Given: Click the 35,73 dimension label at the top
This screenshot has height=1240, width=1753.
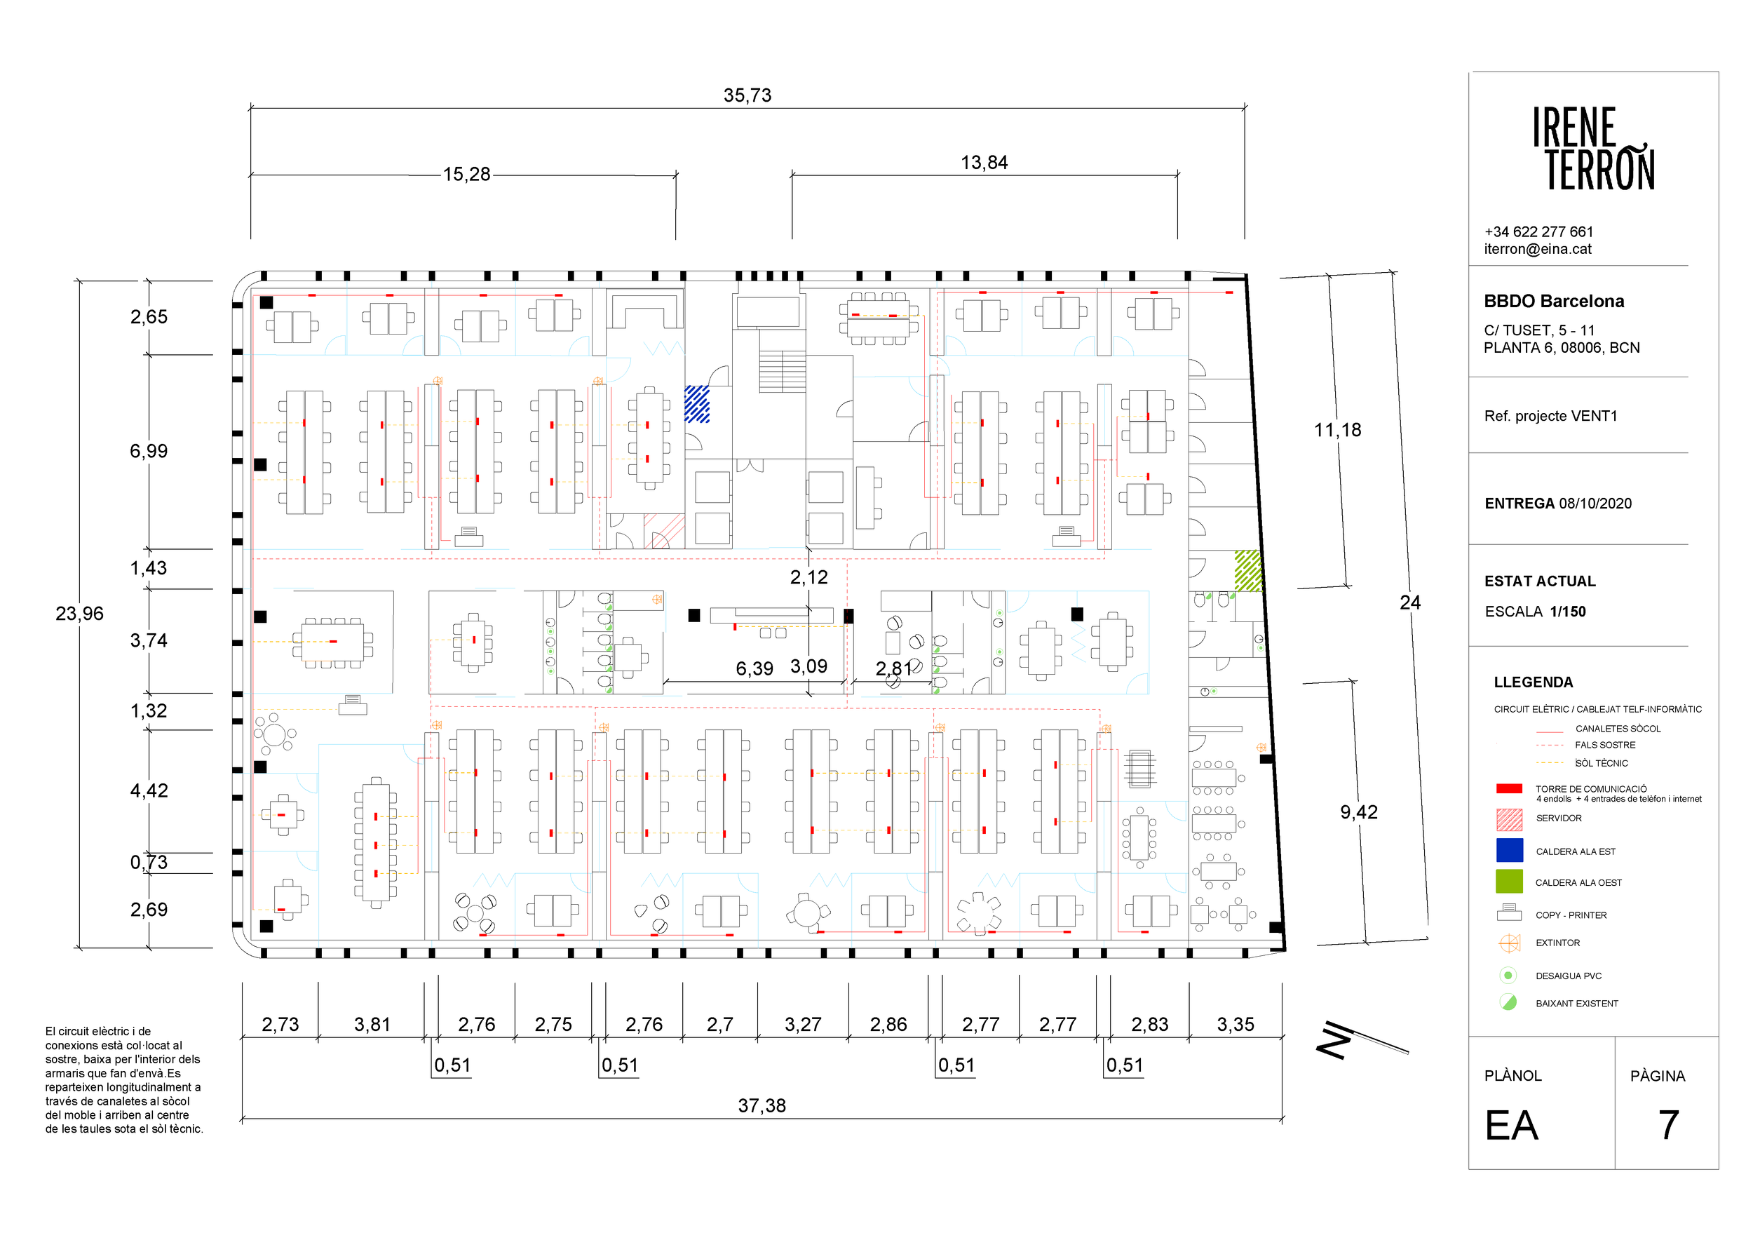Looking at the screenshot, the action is click(747, 95).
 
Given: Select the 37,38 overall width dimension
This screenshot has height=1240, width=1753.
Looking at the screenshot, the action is click(762, 1105).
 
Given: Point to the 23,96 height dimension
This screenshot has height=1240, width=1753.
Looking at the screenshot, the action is click(79, 613).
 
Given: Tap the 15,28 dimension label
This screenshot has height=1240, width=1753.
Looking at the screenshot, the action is click(466, 174).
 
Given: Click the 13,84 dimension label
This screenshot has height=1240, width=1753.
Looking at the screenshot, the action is click(984, 163).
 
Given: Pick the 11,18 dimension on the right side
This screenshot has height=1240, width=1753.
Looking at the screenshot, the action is click(1338, 430).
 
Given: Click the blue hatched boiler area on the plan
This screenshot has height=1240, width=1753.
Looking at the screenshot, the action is click(697, 404).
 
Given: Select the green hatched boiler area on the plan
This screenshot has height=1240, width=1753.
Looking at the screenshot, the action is click(1248, 570).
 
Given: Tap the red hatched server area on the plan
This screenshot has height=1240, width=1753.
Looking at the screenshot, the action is click(664, 531).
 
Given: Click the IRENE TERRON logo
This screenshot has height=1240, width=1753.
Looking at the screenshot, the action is click(1593, 148).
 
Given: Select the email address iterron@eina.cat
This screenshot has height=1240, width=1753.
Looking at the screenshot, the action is click(1538, 249).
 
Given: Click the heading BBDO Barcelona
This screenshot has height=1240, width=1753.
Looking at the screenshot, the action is click(1554, 301).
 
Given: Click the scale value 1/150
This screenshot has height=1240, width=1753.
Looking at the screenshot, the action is click(1567, 612).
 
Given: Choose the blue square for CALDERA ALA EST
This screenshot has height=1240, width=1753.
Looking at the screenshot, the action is click(1510, 850).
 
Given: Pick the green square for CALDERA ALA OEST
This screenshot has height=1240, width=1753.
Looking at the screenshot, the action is click(1510, 881).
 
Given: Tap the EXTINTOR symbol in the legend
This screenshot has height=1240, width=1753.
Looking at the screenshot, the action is click(1510, 943).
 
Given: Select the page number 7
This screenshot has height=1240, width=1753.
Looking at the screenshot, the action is click(1668, 1125).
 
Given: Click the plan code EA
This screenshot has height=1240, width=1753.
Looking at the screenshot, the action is click(1511, 1126).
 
